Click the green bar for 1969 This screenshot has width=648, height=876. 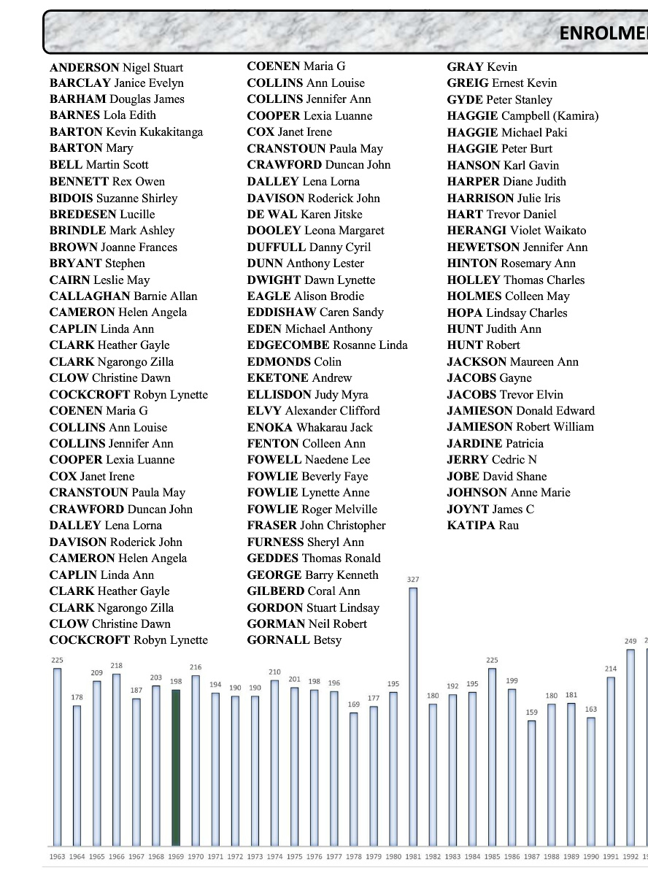[176, 766]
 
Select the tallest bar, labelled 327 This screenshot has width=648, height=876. [413, 715]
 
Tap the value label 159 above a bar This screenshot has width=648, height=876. [532, 712]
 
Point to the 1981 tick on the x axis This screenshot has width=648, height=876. [413, 856]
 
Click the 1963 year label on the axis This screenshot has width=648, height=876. [56, 856]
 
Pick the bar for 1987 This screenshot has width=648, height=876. [532, 781]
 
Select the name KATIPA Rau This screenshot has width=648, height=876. [482, 526]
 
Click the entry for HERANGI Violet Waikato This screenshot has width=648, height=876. [516, 231]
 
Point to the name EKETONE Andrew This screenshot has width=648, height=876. [299, 378]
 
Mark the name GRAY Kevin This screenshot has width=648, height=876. [482, 67]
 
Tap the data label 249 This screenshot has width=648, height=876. [630, 641]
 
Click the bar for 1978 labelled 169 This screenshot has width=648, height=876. [354, 777]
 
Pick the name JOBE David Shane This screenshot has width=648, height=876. [496, 477]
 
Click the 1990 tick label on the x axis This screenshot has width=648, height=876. [591, 856]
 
